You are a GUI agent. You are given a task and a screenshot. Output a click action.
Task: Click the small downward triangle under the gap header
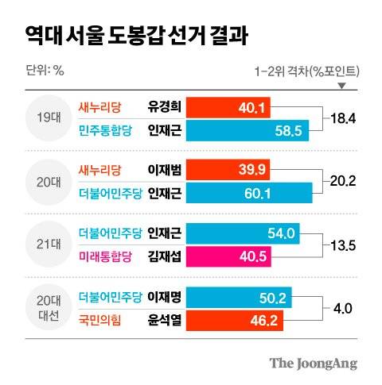pos(342,86)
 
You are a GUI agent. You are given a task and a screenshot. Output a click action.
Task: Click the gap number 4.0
pos(343,307)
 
